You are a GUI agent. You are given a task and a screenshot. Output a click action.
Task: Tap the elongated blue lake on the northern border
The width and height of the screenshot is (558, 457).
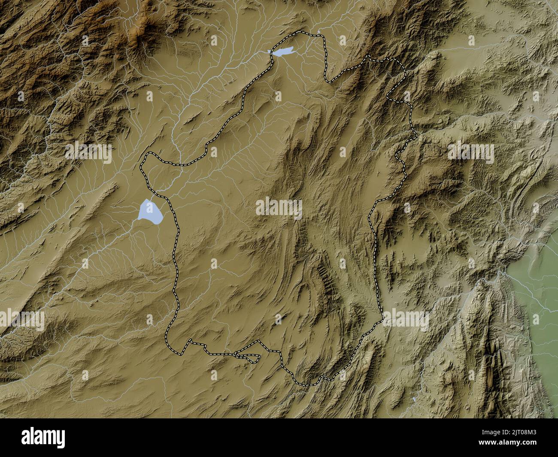(x=282, y=52)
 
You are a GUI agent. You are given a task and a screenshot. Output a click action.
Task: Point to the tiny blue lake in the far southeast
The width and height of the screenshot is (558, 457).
(x=413, y=399)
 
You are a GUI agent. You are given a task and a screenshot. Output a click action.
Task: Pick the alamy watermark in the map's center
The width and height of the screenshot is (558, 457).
(x=279, y=209)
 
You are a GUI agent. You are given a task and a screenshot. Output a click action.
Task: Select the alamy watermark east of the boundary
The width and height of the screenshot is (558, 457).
(x=471, y=152)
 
